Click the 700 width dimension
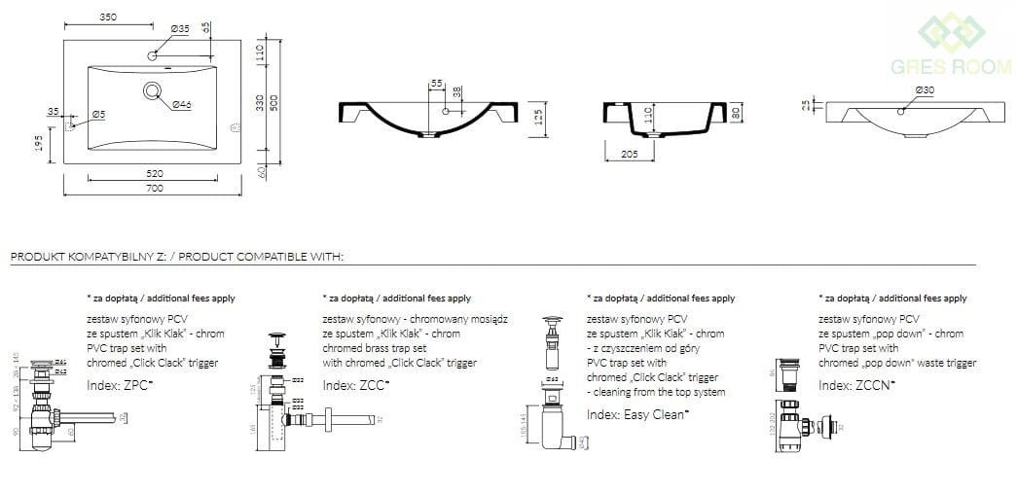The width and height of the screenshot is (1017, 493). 155,189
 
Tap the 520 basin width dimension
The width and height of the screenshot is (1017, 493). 155,173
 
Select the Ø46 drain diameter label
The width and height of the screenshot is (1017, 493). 181,104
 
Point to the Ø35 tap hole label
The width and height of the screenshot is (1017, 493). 180,29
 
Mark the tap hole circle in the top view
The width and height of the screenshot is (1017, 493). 153,55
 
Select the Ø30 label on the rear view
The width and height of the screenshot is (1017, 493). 925,90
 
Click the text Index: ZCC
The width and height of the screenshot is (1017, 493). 354,385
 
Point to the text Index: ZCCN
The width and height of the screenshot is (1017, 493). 856,385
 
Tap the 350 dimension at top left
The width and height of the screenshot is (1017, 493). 108,17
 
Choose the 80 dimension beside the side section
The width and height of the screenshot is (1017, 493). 737,113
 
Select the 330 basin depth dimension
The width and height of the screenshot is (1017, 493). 259,103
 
